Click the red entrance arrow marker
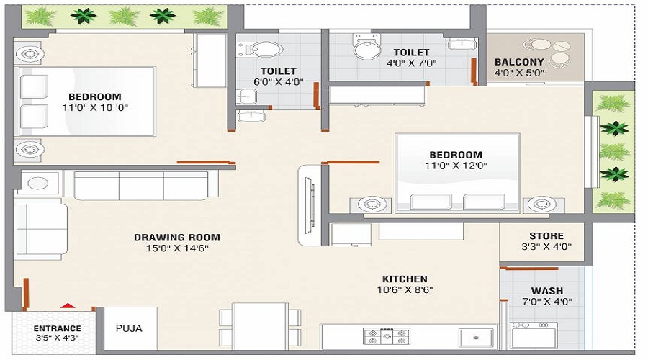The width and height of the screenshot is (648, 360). tap(67, 306)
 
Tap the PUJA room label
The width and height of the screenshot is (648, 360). tap(129, 328)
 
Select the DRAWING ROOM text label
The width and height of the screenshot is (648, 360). tap(177, 237)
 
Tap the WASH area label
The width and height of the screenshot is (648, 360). tap(546, 291)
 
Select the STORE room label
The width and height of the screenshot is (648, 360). tap(546, 235)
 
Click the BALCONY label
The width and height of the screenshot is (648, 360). tap(519, 62)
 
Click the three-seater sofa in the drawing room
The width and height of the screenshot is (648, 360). tap(141, 186)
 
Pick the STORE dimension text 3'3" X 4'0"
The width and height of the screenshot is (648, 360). tap(546, 247)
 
